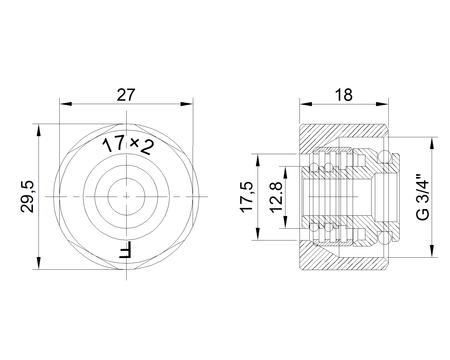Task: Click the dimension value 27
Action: pos(126,95)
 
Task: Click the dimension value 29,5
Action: pos(27,197)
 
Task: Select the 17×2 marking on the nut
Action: pos(128,145)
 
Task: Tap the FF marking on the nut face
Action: pos(126,249)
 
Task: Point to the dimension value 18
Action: pos(344,95)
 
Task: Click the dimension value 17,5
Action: pos(246,197)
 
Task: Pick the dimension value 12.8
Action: pos(276,197)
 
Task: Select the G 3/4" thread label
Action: pos(423,197)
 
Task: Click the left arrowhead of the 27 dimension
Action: pos(66,104)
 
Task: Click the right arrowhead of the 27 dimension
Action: pos(187,104)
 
